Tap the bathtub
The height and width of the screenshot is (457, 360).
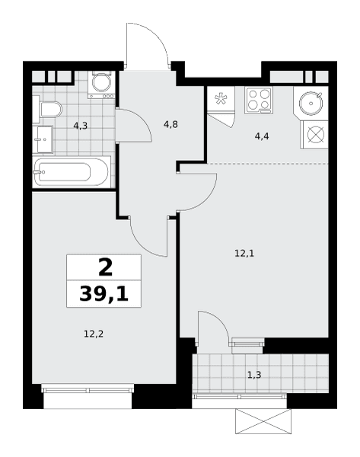coord(72,171)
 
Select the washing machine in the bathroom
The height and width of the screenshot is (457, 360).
coord(102,85)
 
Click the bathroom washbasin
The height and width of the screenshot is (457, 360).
coord(43,139)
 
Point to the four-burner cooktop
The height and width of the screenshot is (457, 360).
coord(259,101)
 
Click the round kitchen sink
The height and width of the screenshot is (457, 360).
coord(311,103)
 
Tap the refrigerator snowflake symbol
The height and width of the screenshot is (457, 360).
coord(221,99)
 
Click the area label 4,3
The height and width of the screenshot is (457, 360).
coord(81,126)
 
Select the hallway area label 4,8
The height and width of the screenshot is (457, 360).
coord(170,125)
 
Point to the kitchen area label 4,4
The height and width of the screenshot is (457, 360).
coord(262,136)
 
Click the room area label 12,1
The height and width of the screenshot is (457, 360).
coord(244,254)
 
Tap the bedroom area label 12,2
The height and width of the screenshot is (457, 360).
coord(94,334)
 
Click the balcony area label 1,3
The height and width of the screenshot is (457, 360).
coord(254,375)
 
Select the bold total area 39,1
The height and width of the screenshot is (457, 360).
coord(104,294)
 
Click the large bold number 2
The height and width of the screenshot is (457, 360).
coord(106,268)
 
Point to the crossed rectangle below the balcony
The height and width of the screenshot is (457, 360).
coord(263,421)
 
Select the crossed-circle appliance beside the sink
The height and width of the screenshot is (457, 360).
coord(316,136)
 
